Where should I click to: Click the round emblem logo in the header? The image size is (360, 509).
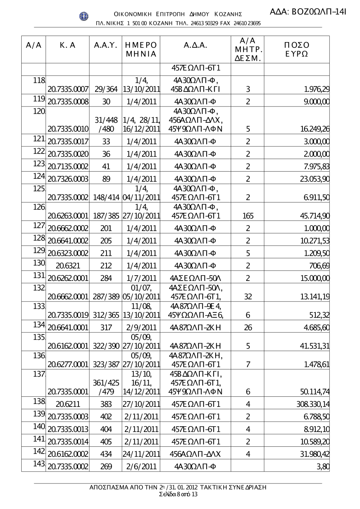(84, 16)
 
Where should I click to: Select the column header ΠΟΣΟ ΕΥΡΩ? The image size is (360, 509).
(297, 50)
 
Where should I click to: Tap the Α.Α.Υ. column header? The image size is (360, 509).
(105, 45)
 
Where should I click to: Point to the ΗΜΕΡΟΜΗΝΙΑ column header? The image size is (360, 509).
(141, 50)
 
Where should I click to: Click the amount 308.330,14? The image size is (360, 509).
(312, 404)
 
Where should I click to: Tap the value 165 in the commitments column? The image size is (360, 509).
(248, 216)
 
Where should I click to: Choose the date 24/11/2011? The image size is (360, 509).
(141, 454)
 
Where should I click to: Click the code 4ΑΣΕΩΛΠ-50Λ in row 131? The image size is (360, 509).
(195, 278)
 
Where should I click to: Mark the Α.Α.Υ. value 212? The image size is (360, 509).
(106, 266)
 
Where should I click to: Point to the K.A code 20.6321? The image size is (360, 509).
(68, 266)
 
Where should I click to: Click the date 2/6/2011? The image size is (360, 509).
(141, 467)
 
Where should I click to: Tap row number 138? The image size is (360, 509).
(38, 401)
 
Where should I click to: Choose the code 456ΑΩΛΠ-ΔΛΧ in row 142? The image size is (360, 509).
(195, 454)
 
